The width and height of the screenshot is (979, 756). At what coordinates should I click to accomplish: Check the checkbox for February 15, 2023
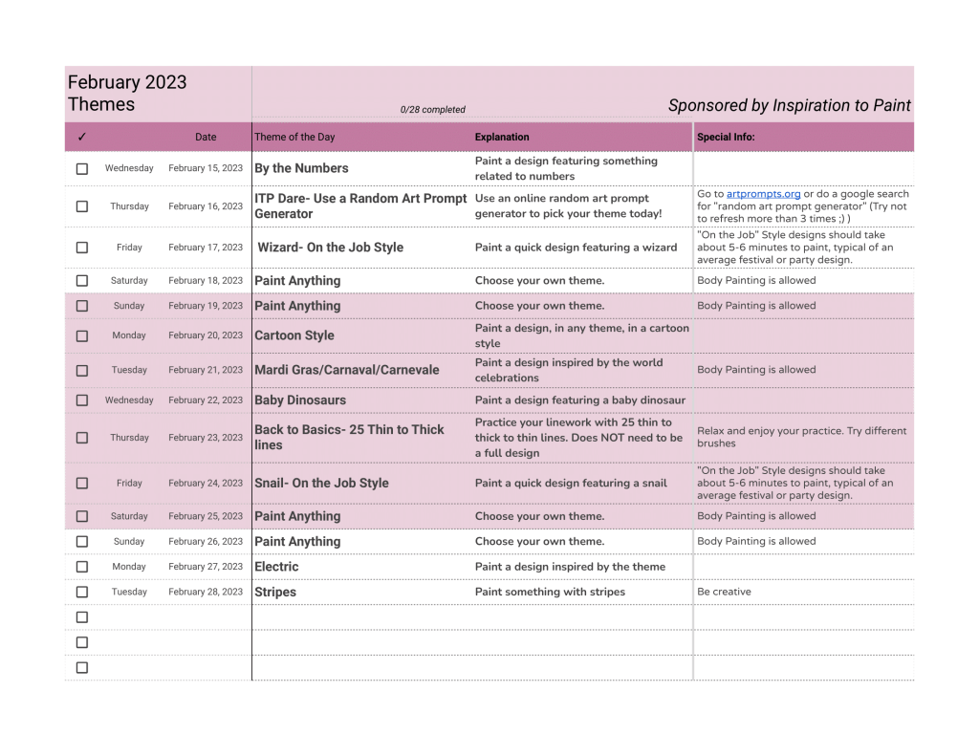coord(82,168)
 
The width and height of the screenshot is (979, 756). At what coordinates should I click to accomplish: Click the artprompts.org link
coord(763,194)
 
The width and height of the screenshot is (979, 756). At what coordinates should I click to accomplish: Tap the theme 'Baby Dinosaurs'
coord(300,400)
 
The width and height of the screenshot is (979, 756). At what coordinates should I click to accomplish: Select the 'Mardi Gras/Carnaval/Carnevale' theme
coord(347,370)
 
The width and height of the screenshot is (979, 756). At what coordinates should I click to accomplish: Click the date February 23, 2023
coord(206,438)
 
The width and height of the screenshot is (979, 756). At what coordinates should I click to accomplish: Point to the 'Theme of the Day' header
coord(294,137)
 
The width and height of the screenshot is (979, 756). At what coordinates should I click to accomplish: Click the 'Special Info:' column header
coord(726,137)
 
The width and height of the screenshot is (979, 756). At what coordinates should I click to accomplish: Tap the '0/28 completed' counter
coord(433,110)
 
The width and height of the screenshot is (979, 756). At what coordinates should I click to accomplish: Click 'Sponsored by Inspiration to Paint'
coord(789,105)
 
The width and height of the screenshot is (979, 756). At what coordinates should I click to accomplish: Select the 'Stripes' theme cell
coord(275,593)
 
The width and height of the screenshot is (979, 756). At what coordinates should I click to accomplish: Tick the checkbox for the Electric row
coord(82,567)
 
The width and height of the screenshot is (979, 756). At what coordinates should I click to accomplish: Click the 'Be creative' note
coord(724,592)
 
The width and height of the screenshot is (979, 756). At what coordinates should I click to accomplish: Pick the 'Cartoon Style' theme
coord(294,335)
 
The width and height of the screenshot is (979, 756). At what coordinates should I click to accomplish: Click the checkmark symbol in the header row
coord(82,137)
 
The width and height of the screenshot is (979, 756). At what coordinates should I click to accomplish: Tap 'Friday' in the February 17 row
coord(129,248)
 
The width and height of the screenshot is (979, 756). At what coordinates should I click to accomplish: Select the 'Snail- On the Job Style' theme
coord(321,484)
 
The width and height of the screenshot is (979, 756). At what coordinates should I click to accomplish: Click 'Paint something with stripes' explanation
coord(550,592)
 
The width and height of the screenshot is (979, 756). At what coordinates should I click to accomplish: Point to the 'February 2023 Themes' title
coord(127,94)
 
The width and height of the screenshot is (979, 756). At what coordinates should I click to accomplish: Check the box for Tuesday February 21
coord(82,370)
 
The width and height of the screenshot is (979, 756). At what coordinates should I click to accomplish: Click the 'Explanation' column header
coord(502,137)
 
